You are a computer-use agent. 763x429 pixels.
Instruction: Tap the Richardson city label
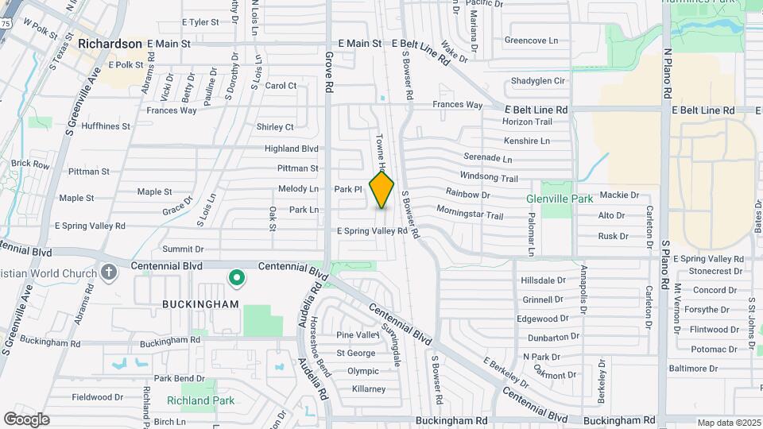110,44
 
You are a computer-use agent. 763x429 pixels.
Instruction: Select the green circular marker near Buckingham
236,277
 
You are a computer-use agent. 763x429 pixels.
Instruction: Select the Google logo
26,419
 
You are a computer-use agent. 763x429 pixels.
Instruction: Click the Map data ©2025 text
729,423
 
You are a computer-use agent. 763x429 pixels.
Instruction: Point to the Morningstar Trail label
470,214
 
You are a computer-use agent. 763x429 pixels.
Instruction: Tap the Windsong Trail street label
489,178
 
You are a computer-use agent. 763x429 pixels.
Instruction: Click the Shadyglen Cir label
538,81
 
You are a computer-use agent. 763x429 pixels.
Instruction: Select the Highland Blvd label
292,149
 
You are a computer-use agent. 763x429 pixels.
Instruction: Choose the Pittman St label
298,168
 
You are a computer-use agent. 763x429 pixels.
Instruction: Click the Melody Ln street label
298,189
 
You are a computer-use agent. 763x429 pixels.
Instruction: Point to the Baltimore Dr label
693,369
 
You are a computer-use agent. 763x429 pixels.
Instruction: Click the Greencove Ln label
532,40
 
